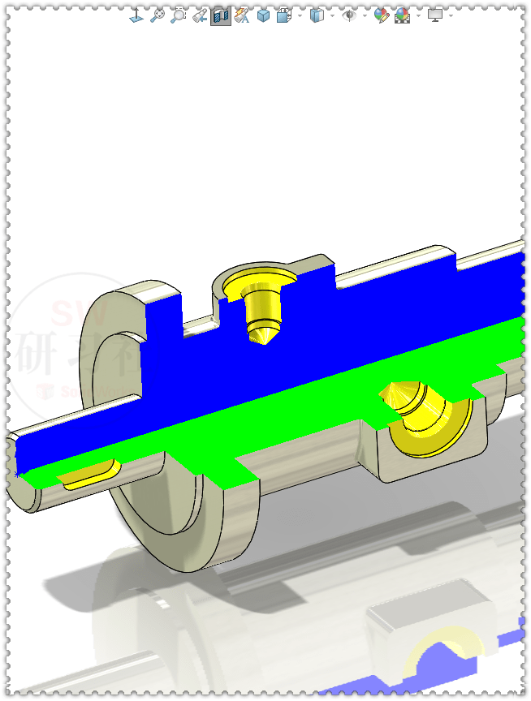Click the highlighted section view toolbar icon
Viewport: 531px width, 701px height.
pos(220,15)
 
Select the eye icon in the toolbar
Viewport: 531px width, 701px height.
pos(350,15)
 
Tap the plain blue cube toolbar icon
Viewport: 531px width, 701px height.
pos(263,15)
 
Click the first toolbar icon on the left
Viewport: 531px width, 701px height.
pos(136,15)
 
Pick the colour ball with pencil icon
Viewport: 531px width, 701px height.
pos(382,15)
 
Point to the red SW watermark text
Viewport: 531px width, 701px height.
pos(69,312)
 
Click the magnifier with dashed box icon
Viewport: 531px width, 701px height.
pos(179,15)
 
